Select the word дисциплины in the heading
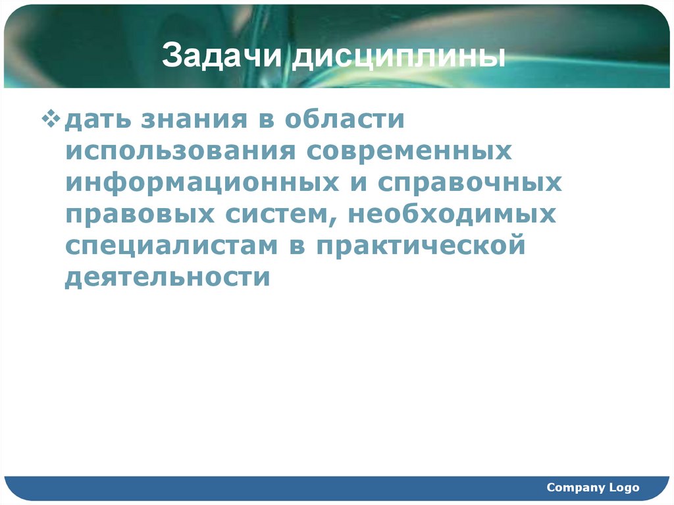tap(399, 57)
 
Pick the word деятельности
tap(168, 277)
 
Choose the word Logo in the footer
tap(624, 488)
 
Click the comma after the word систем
tap(340, 221)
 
